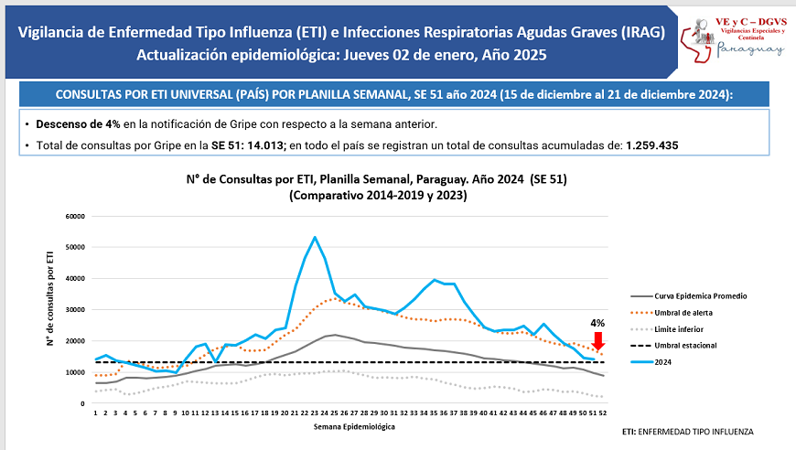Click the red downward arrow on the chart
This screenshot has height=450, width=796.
point(598,340)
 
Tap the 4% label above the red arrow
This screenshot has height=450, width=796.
point(597,323)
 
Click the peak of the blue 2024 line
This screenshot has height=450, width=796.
point(315,237)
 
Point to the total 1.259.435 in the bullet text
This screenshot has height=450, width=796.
point(651,145)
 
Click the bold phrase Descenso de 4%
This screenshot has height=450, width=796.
point(80,123)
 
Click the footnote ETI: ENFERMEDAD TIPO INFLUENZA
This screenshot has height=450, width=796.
point(689,431)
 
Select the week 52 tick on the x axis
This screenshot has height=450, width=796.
point(603,413)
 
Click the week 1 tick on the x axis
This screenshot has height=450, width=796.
point(95,413)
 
